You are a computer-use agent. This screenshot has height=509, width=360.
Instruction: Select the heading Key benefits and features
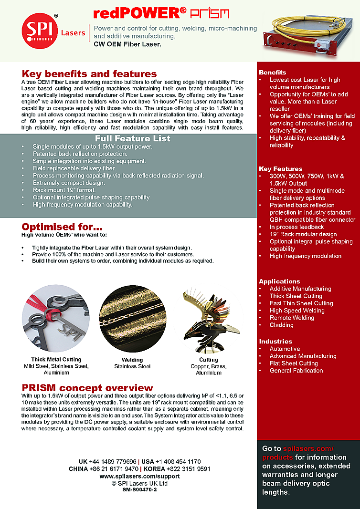coord(89,74)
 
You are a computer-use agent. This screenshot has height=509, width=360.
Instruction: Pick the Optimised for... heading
coord(62,227)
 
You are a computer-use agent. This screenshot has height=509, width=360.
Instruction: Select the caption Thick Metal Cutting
coord(56,359)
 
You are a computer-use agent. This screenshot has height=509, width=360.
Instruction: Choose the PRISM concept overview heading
coord(87,387)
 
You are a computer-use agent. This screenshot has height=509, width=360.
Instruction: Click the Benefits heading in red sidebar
coord(273,72)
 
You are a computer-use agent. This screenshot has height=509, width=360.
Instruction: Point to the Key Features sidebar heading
coord(281,168)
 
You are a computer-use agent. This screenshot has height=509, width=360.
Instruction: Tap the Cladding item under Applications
coord(281,325)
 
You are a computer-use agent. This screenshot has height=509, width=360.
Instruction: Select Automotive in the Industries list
coord(285,349)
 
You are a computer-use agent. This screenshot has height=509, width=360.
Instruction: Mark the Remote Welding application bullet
coord(291,318)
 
